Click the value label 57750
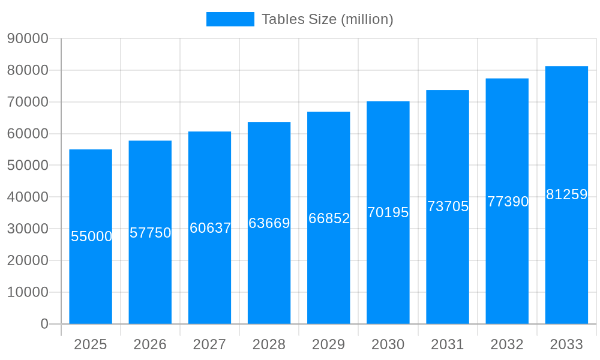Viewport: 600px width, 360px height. click(151, 233)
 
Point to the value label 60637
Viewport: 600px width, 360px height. click(210, 228)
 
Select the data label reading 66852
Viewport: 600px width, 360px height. click(329, 218)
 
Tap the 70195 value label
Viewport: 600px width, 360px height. click(388, 212)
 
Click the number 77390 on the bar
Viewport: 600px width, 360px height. click(508, 202)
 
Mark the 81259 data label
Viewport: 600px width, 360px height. click(566, 194)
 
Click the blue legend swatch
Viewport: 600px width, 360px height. click(230, 19)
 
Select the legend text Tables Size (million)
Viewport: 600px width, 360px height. click(328, 19)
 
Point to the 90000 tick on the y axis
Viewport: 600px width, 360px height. click(28, 38)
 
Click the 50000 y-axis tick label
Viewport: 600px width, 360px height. click(28, 165)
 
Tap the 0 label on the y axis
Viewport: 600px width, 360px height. click(44, 324)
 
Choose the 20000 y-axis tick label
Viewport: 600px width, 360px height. click(28, 260)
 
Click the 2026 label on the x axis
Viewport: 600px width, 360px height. click(150, 344)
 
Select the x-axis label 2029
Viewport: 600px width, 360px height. click(329, 344)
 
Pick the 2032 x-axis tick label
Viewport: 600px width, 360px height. click(507, 344)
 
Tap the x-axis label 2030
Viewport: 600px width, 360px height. click(388, 344)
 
